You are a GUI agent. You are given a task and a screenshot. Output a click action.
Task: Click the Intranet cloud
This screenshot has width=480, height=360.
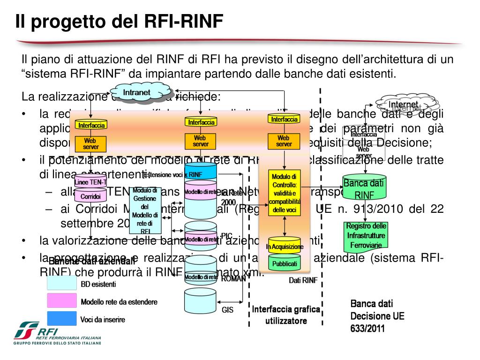click(137, 92)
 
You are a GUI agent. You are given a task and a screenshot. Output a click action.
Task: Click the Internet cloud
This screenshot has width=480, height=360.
click(404, 105)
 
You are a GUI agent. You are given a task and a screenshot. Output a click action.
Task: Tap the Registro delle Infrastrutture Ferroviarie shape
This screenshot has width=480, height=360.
click(366, 235)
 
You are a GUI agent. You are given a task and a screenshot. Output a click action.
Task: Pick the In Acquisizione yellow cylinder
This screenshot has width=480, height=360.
click(285, 245)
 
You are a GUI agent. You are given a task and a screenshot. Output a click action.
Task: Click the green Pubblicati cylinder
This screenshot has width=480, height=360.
click(285, 263)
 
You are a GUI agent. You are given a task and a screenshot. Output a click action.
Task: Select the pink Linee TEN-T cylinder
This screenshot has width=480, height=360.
click(91, 181)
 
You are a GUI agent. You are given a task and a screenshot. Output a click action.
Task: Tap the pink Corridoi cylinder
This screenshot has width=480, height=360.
click(91, 196)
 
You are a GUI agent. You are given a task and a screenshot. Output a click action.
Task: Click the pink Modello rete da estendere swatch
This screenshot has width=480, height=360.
click(61, 301)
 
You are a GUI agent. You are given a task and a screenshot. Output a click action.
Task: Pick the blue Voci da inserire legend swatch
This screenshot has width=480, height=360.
click(61, 319)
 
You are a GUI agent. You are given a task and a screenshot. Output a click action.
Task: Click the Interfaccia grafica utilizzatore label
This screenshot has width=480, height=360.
click(286, 315)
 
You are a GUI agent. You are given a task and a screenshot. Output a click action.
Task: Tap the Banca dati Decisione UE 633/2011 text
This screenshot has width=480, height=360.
click(377, 316)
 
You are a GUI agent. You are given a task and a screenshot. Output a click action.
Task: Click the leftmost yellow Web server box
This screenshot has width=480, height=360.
click(91, 143)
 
